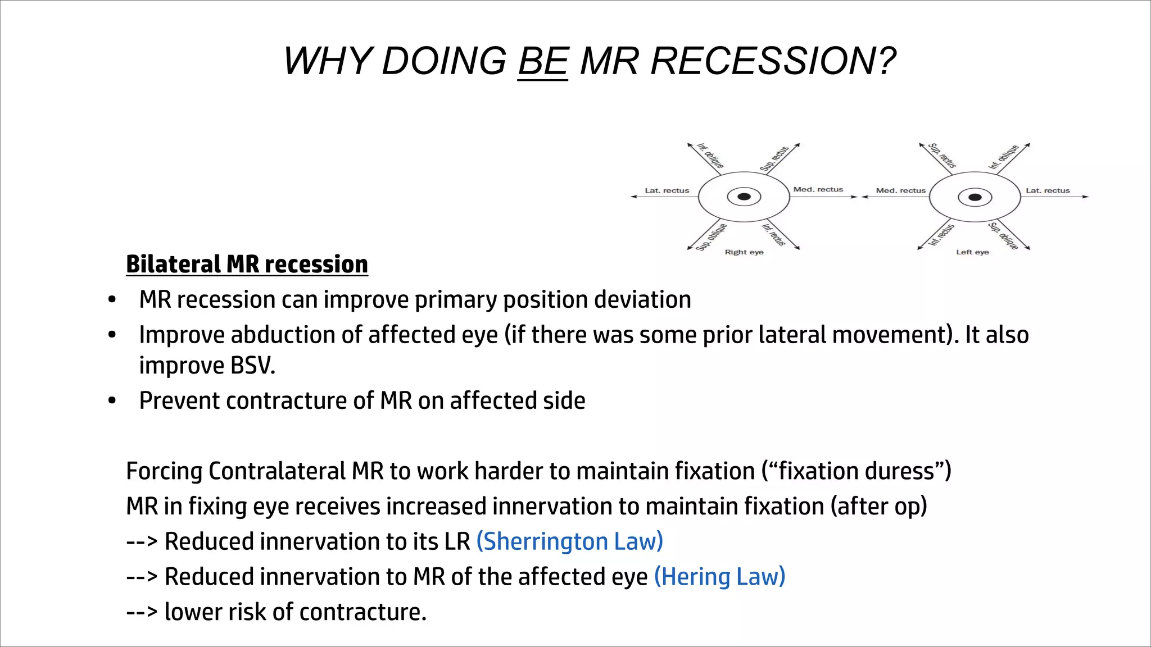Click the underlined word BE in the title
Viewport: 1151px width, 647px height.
click(542, 61)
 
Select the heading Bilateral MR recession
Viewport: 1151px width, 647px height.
click(247, 264)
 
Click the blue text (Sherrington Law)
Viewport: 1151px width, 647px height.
click(570, 541)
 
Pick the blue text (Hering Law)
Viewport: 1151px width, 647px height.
click(719, 577)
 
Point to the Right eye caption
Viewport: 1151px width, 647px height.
click(744, 252)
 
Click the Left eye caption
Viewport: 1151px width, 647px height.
click(972, 252)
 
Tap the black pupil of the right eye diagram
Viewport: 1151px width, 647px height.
click(744, 197)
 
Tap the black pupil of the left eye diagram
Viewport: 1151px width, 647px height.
click(975, 197)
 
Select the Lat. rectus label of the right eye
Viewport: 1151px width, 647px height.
click(667, 190)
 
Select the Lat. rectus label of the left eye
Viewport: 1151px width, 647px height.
click(1048, 190)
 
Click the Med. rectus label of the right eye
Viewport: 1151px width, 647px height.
click(818, 189)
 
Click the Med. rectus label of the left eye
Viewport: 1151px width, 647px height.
click(900, 190)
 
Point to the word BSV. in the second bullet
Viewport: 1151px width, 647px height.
click(245, 366)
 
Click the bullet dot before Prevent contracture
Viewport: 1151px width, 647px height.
click(112, 400)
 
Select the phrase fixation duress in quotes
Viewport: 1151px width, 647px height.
click(856, 471)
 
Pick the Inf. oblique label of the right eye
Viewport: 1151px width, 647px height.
click(710, 156)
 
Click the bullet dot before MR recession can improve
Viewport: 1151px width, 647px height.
click(112, 300)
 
